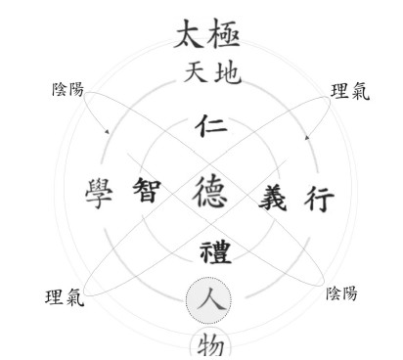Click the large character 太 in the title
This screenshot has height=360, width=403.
click(191, 33)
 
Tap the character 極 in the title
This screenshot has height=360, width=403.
click(224, 33)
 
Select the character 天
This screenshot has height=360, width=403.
click(196, 72)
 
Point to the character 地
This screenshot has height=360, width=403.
click(228, 73)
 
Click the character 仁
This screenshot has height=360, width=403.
click(211, 126)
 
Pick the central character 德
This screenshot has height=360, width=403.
click(210, 192)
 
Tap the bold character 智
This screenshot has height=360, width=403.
click(147, 190)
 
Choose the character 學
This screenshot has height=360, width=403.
click(99, 194)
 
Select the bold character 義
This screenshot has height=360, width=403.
click(273, 197)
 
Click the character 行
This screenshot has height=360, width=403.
click(319, 199)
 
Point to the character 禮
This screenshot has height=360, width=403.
click(215, 252)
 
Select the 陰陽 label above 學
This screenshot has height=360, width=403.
click(67, 89)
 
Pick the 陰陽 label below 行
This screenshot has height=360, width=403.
click(341, 292)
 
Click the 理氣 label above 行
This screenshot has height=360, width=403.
click(350, 91)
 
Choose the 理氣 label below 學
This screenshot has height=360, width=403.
click(65, 297)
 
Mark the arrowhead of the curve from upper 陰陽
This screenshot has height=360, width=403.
click(107, 132)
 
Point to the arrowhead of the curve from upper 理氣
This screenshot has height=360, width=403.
click(306, 138)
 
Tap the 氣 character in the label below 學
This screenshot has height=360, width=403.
click(75, 298)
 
